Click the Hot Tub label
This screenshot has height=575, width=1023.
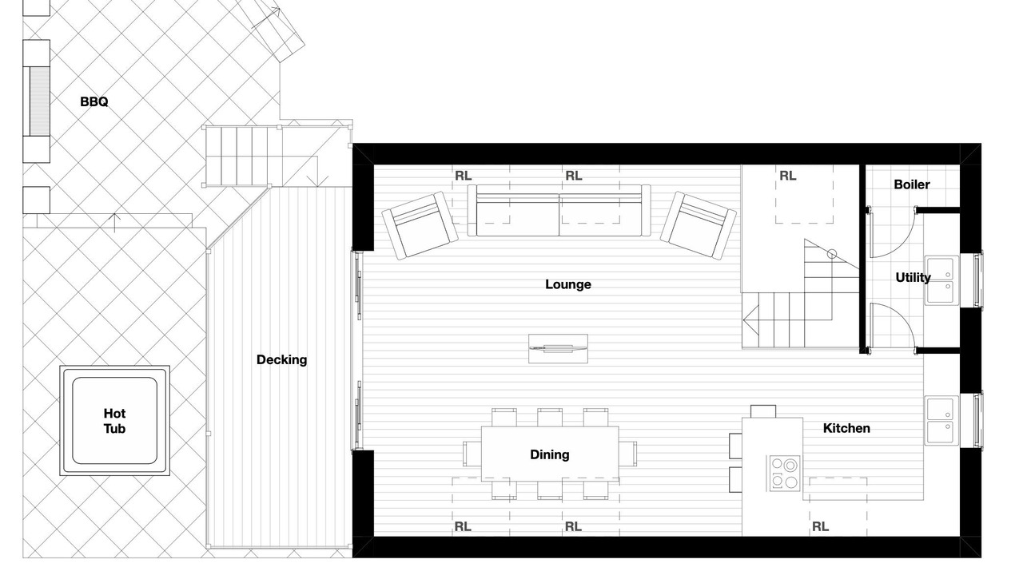click(x=114, y=421)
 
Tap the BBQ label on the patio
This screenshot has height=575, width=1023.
click(x=94, y=101)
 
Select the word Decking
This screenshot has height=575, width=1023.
click(x=281, y=359)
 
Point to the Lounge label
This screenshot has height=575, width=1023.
click(x=568, y=284)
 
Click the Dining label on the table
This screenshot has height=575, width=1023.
click(x=549, y=454)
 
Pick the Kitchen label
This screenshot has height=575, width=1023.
click(x=846, y=428)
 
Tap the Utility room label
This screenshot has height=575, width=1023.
click(x=913, y=277)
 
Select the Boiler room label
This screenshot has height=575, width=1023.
click(x=912, y=184)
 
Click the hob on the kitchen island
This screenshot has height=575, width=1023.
click(x=784, y=474)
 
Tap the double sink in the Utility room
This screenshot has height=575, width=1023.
click(x=941, y=280)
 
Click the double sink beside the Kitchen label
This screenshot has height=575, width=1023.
click(x=941, y=420)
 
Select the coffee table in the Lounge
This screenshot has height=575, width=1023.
click(x=558, y=349)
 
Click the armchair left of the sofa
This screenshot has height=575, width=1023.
click(x=420, y=225)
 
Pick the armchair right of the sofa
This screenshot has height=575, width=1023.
click(x=699, y=225)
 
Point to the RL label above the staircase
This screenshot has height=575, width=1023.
click(x=787, y=176)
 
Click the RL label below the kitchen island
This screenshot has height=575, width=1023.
click(x=820, y=526)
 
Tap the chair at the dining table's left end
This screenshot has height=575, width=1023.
click(x=472, y=454)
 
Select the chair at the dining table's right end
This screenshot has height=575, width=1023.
click(x=628, y=454)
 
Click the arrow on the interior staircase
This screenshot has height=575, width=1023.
click(x=750, y=320)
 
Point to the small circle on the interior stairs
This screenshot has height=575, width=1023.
click(x=832, y=254)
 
